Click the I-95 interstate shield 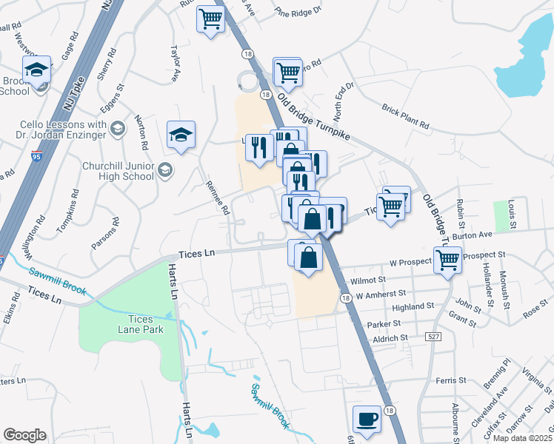click(x=37, y=156)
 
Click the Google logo click(x=24, y=435)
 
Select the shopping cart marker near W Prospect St click(x=447, y=260)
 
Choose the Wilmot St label click(x=369, y=281)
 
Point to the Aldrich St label click(x=392, y=337)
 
